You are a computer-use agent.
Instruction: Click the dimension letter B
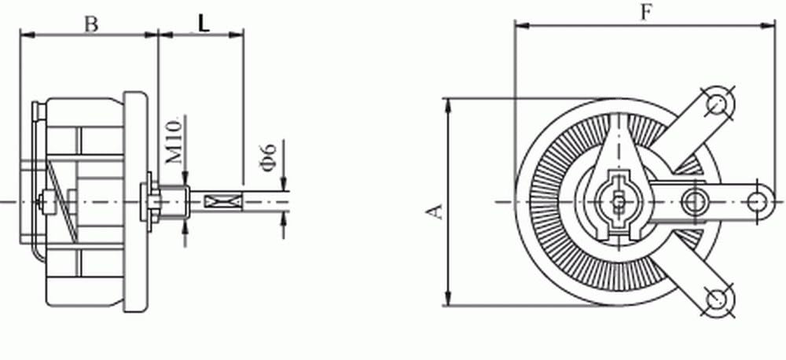(91, 24)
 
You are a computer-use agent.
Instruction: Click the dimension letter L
(204, 24)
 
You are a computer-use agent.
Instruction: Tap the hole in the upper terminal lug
(717, 102)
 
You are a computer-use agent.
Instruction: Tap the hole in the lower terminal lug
(717, 299)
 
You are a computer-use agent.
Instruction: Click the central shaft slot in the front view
(620, 201)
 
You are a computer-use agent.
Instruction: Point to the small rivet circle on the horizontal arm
(692, 200)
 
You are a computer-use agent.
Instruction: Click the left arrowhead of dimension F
(519, 25)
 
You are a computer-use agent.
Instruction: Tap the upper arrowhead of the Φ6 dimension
(284, 186)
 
